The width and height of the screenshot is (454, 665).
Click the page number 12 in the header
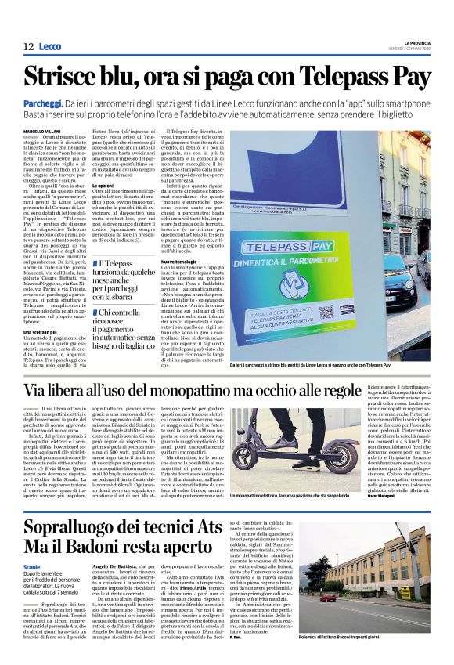(27, 47)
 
